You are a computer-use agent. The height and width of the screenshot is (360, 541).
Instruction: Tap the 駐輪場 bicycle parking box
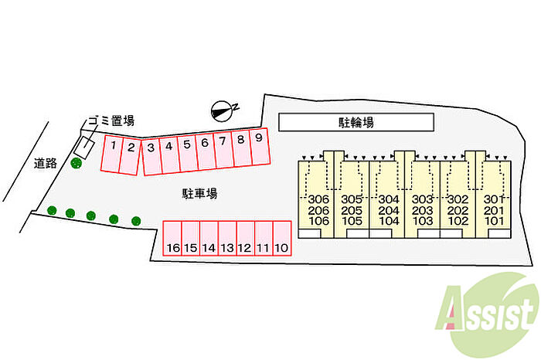pos(356,122)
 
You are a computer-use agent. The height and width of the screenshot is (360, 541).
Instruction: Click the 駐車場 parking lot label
pos(199,193)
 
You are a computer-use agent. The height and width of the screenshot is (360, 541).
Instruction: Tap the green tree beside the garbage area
pos(76,163)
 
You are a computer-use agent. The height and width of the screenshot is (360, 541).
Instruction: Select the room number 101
pos(494,221)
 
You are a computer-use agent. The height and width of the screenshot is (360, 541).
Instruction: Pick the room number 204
pos(388,210)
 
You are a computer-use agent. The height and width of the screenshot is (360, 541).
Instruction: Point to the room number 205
pos(352,210)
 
